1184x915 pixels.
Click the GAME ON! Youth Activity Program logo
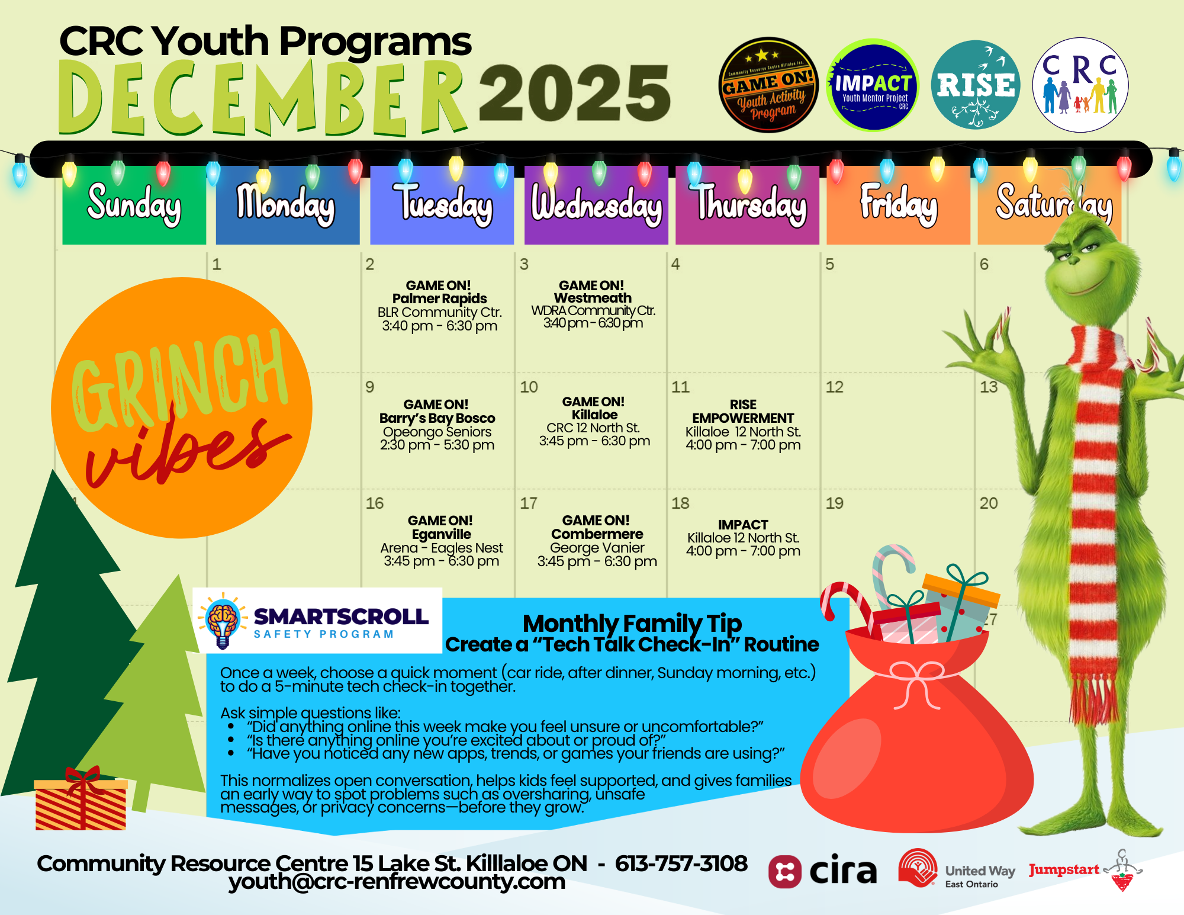768,85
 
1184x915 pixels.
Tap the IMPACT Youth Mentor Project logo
873,85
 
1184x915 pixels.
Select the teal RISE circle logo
976,85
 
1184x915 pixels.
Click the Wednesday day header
596,205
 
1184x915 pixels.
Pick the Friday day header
898,205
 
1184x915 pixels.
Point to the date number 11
680,387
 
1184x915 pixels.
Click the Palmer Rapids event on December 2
439,306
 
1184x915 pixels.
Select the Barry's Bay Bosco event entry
437,425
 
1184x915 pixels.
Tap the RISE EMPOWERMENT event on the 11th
743,425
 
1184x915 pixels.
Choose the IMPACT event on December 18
743,538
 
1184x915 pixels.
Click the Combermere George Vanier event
597,540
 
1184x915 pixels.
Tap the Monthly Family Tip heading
632,624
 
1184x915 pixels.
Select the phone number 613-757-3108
681,863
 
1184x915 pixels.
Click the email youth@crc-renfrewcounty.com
397,882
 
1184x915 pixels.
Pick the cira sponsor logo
822,871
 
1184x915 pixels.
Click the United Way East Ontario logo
956,870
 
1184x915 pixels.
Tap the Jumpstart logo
1085,870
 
